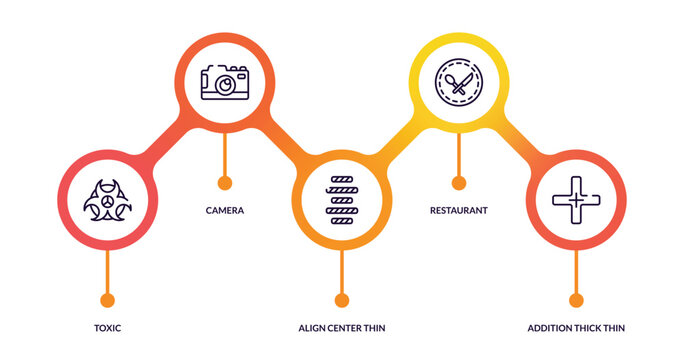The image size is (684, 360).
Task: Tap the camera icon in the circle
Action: [225, 82]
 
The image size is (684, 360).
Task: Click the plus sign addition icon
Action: [576, 199]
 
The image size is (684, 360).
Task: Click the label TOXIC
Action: [107, 328]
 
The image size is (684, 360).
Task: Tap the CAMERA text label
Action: [225, 210]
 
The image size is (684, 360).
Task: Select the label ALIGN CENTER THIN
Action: [342, 328]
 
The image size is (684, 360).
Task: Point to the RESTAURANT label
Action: [459, 210]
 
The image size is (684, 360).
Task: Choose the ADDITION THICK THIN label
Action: [576, 328]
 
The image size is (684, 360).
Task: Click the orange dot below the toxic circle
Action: [107, 299]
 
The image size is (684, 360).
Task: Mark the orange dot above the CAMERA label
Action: [225, 183]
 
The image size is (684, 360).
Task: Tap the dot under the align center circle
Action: [342, 299]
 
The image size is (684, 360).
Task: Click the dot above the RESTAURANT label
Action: [459, 183]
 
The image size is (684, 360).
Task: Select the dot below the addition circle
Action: [576, 299]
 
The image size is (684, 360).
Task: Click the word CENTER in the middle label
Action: [343, 328]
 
